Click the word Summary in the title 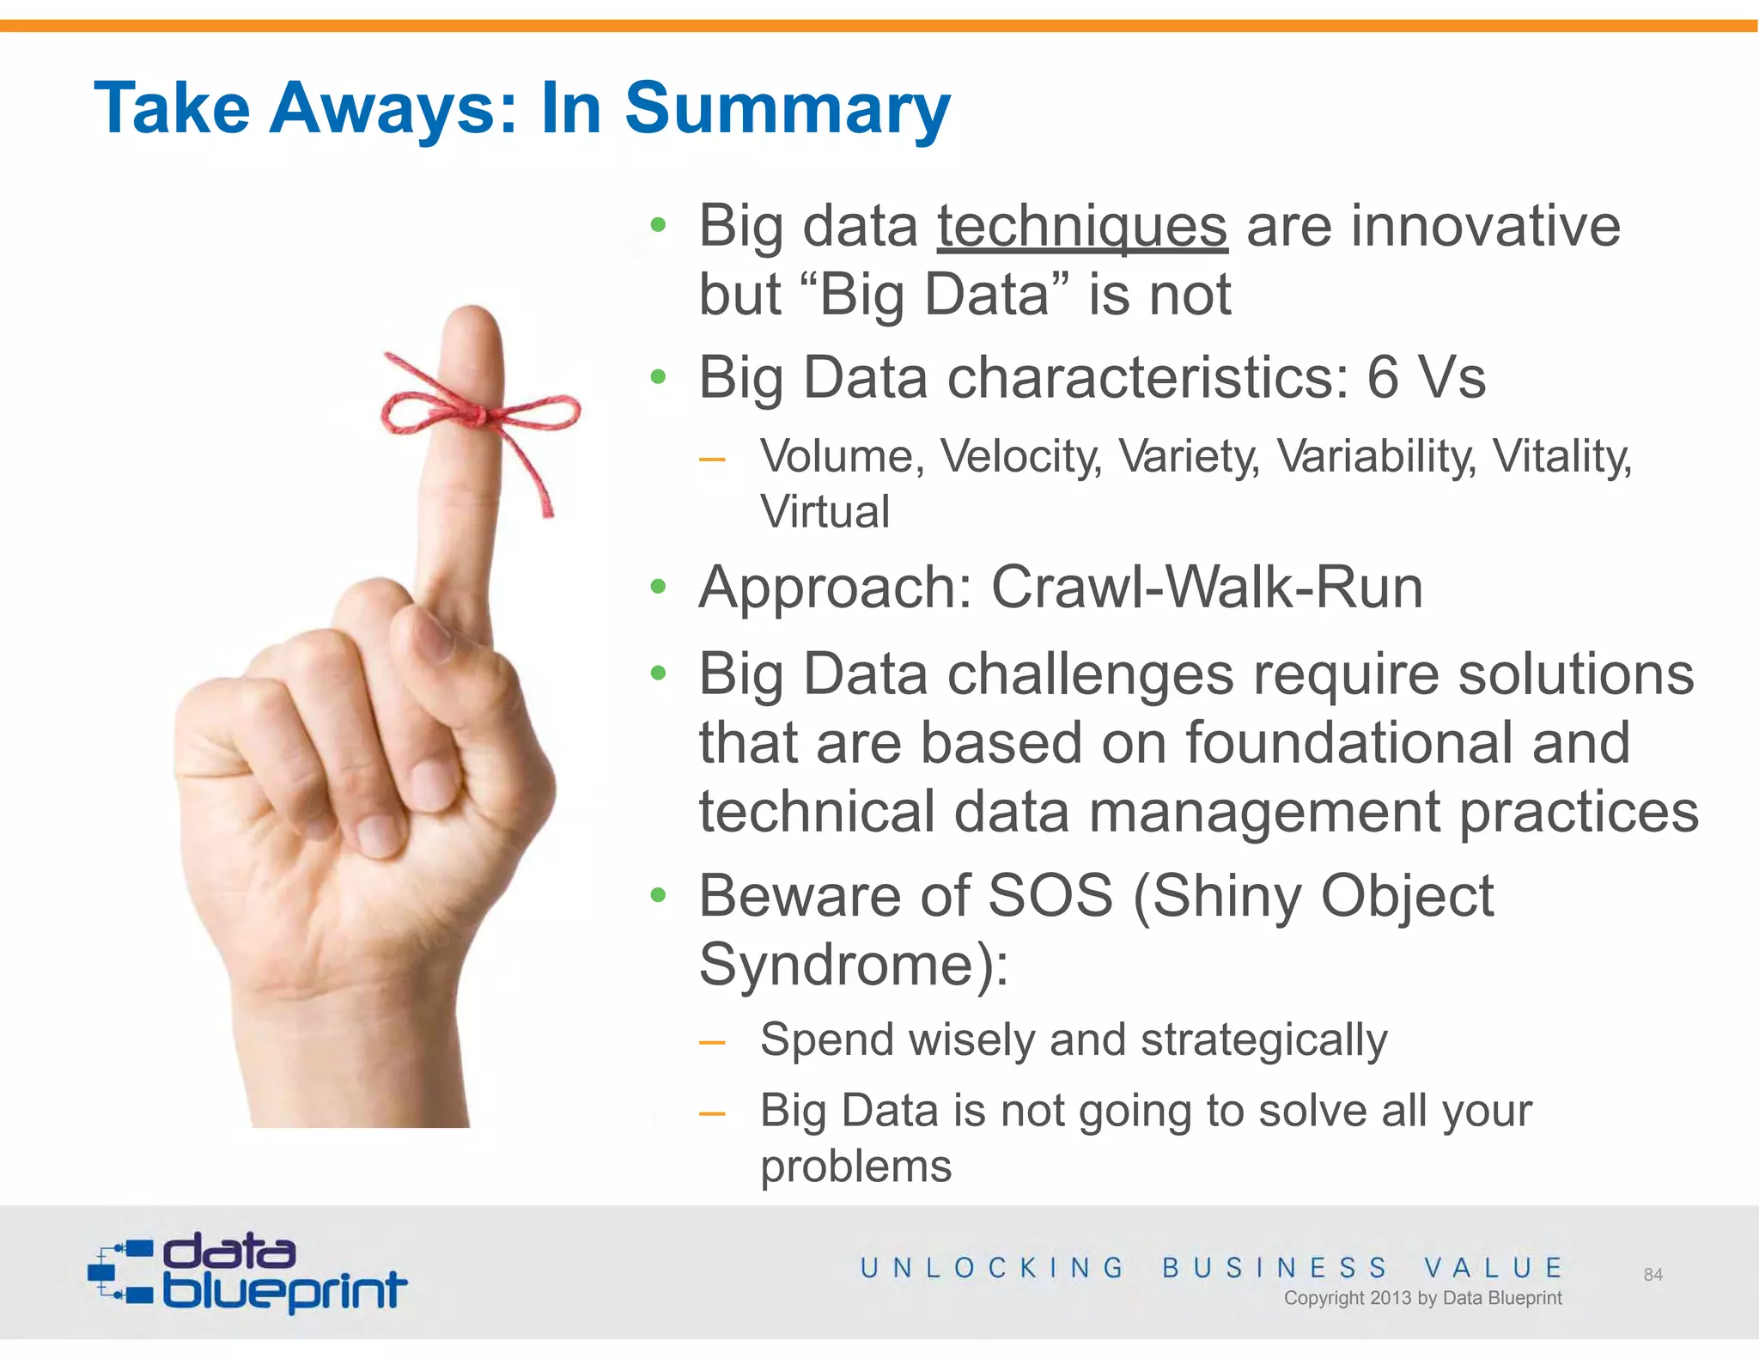click(787, 110)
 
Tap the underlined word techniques click(1081, 227)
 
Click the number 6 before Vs click(1382, 378)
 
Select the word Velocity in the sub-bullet click(1020, 456)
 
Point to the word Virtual click(825, 512)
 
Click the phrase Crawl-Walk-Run click(1207, 588)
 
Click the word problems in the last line click(856, 1167)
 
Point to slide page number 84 click(1652, 1275)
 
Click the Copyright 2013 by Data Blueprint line click(1422, 1298)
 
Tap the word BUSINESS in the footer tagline click(1275, 1268)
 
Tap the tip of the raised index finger click(473, 322)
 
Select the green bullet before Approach click(659, 588)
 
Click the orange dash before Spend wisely click(712, 1043)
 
